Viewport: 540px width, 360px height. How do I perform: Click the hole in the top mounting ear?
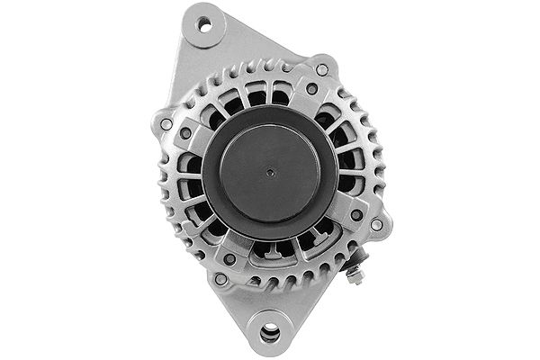click(205, 24)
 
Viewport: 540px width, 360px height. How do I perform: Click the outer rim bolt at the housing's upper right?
click(322, 69)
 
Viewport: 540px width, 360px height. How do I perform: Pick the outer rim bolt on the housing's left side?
click(166, 123)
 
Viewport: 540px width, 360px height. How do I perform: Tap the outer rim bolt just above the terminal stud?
click(376, 225)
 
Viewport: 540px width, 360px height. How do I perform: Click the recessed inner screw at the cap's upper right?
click(311, 90)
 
